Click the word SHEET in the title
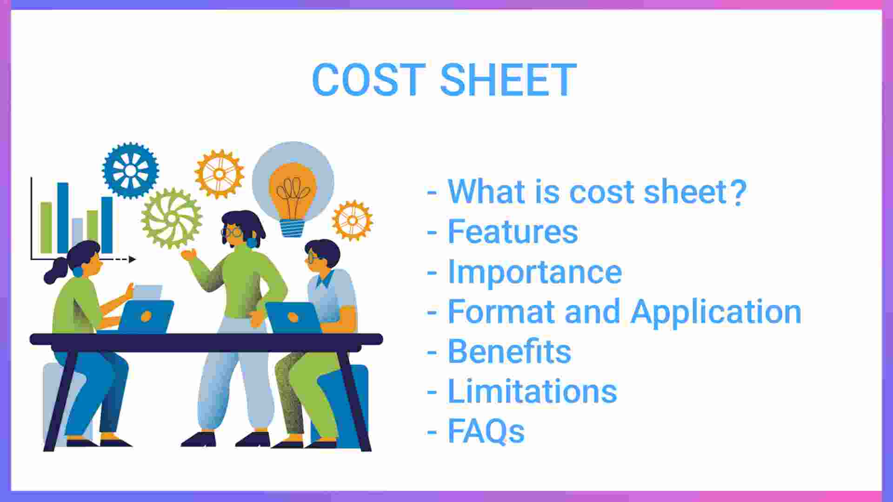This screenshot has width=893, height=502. pos(508,80)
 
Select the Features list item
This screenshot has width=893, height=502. pos(513,231)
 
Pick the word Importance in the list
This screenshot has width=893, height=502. pos(534,271)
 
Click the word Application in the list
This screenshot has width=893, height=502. pos(716,311)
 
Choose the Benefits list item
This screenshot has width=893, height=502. pos(509,351)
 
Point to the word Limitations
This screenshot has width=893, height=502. pos(532,391)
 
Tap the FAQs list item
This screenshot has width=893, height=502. pos(486,431)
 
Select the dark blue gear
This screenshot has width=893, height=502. pos(131,171)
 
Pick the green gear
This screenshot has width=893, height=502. pos(172,218)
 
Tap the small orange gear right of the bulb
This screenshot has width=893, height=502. pos(352,220)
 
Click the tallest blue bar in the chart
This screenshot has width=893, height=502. pos(63,218)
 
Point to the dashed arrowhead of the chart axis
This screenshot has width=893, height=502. pos(133,259)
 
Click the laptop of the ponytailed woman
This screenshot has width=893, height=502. pos(145,317)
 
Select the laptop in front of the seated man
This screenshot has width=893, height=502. pos(293,317)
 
